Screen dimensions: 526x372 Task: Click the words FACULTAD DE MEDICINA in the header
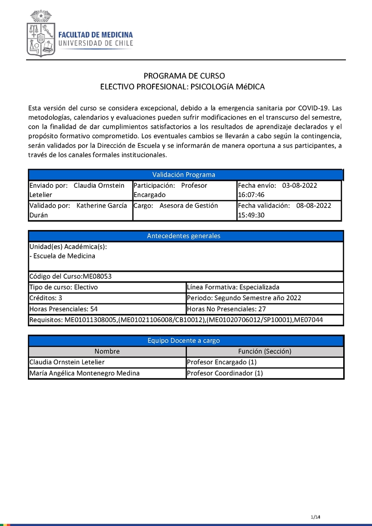(95, 35)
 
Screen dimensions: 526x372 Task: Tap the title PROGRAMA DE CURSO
(184, 76)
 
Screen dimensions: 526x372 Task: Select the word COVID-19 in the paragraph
(313, 108)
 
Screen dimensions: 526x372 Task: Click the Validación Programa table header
(184, 175)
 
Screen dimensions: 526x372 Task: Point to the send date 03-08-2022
(299, 185)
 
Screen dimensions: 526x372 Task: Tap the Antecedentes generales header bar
(184, 236)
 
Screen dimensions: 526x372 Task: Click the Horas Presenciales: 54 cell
(63, 309)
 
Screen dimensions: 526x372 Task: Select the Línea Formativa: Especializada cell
(233, 287)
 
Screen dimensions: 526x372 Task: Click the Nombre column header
(107, 351)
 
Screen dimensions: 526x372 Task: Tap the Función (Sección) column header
(265, 351)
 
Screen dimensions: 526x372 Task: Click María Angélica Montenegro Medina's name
(84, 373)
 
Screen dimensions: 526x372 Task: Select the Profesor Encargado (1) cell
(221, 362)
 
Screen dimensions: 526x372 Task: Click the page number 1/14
(316, 517)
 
